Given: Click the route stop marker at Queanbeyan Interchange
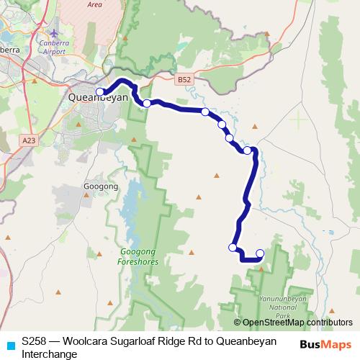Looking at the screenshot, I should [x=101, y=91].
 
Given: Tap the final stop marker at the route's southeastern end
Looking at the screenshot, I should [x=260, y=253].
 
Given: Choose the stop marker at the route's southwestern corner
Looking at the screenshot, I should [x=233, y=248].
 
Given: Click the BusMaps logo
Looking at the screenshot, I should [x=326, y=343].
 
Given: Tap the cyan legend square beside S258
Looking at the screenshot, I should [x=9, y=345].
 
